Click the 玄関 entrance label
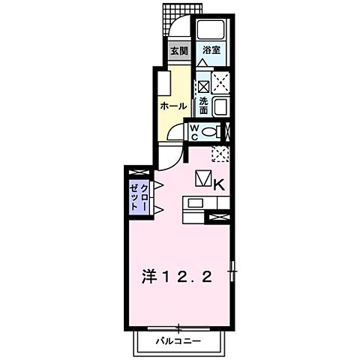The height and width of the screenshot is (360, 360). point(177,52)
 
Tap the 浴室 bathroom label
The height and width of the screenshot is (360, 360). point(211,51)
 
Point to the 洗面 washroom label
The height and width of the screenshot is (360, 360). point(203,106)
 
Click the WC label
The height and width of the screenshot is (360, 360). point(193,133)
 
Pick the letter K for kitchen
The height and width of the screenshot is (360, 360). point(220,182)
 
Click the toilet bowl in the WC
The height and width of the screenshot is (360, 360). point(212,133)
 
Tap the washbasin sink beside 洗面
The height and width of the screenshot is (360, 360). point(221,106)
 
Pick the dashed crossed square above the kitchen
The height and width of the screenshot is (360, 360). point(220,154)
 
